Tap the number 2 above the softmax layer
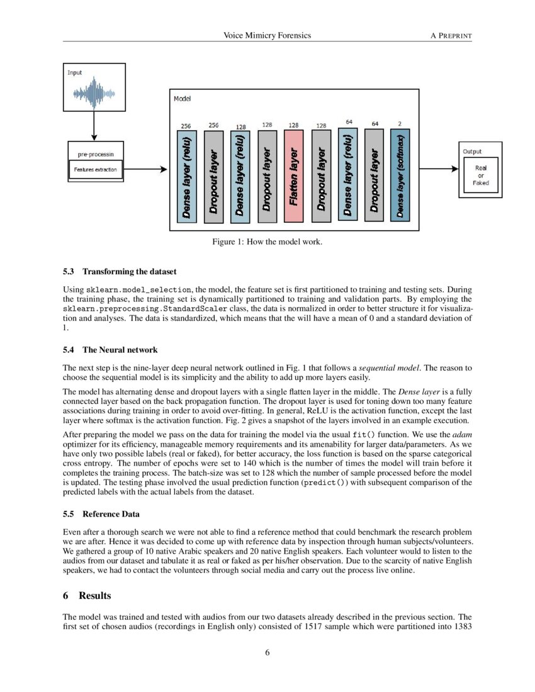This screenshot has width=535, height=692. [x=400, y=124]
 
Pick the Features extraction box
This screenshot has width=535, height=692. [x=95, y=170]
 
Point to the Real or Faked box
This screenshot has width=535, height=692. [x=480, y=175]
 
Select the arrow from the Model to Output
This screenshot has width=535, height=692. [x=439, y=169]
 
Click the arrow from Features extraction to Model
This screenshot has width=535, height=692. [x=145, y=169]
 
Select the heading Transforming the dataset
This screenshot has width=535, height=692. [x=120, y=272]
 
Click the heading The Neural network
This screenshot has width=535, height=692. [x=110, y=350]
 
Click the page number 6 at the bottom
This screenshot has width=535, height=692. [x=267, y=652]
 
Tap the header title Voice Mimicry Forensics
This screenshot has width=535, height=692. [x=267, y=36]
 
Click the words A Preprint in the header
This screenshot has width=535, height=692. [x=451, y=36]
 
